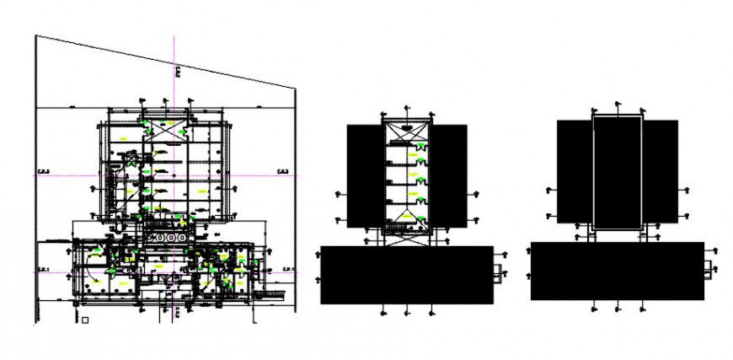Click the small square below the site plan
tap(85, 320)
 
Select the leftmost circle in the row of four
tap(152, 239)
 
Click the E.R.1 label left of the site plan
tap(42, 269)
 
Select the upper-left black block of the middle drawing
tap(364, 175)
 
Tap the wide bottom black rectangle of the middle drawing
tap(406, 274)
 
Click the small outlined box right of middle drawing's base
tap(497, 271)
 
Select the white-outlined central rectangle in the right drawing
tap(618, 172)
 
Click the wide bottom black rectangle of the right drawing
tap(617, 271)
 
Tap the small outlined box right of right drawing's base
tap(708, 267)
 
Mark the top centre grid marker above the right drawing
tap(618, 104)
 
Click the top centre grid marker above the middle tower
tap(408, 109)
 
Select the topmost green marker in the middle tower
tap(415, 146)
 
